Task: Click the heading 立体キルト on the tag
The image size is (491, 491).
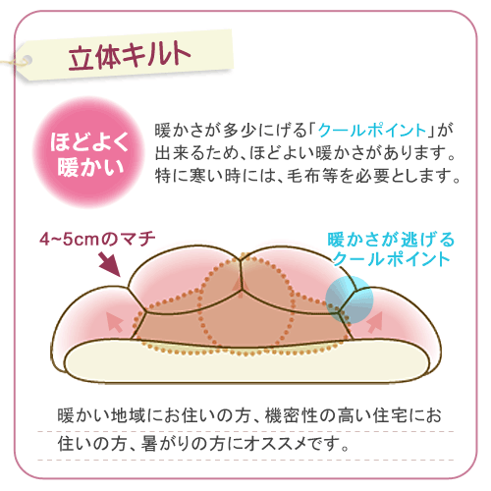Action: click(130, 56)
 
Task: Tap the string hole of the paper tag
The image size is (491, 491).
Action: click(27, 60)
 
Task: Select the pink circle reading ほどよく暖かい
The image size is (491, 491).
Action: click(88, 152)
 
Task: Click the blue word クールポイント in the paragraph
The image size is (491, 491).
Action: click(372, 131)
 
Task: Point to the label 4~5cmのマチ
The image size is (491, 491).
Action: click(97, 239)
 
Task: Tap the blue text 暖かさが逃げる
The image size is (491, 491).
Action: click(391, 240)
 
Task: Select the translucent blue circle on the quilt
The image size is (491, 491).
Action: click(350, 300)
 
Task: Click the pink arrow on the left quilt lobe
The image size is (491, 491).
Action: click(115, 321)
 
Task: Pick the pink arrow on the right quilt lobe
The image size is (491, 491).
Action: click(375, 322)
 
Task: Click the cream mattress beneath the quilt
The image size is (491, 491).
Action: click(247, 363)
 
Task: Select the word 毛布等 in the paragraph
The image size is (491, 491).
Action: click(312, 176)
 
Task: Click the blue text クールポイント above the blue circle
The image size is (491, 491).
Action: click(392, 259)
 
